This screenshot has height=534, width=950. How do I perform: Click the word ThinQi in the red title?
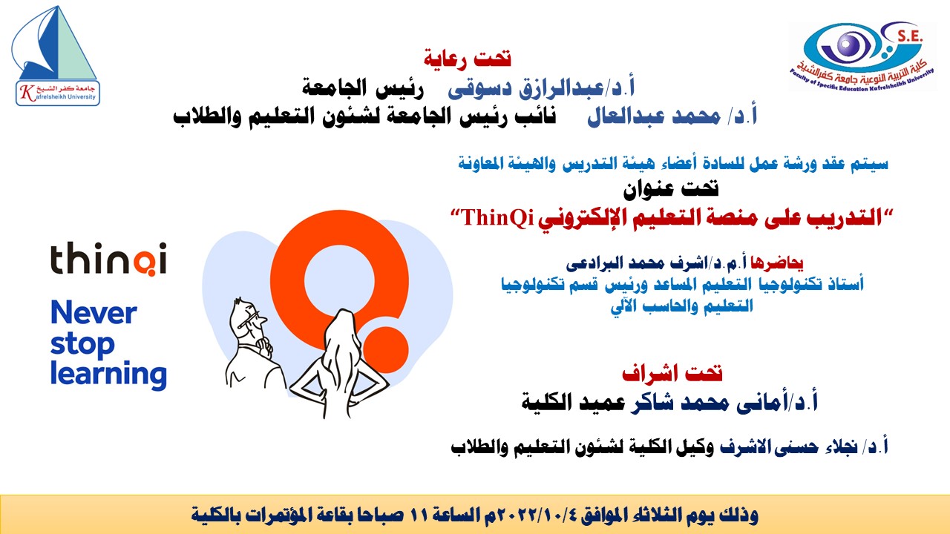(x=494, y=217)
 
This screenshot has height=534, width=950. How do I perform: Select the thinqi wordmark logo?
(x=108, y=261)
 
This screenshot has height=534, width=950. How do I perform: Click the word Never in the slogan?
(x=94, y=314)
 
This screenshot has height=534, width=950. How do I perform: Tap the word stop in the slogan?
(x=82, y=345)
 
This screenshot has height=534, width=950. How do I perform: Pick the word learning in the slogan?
(x=108, y=374)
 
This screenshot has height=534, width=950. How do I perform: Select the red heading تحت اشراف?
(x=672, y=372)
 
